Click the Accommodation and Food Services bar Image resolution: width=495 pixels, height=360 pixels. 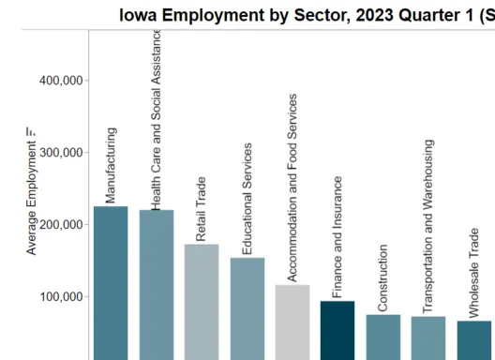click(292, 322)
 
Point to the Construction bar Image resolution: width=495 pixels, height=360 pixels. click(382, 337)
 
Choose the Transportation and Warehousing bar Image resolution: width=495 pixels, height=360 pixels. click(428, 337)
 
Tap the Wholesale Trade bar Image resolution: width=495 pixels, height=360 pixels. click(474, 340)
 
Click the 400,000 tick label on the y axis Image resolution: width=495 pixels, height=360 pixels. click(61, 81)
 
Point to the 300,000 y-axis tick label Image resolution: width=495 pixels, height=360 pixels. click(61, 153)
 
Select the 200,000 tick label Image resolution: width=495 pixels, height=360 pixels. click(61, 225)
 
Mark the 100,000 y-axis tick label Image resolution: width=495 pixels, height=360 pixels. click(61, 297)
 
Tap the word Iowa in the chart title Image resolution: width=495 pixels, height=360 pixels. click(137, 14)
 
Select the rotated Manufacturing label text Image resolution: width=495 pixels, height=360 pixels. click(111, 166)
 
